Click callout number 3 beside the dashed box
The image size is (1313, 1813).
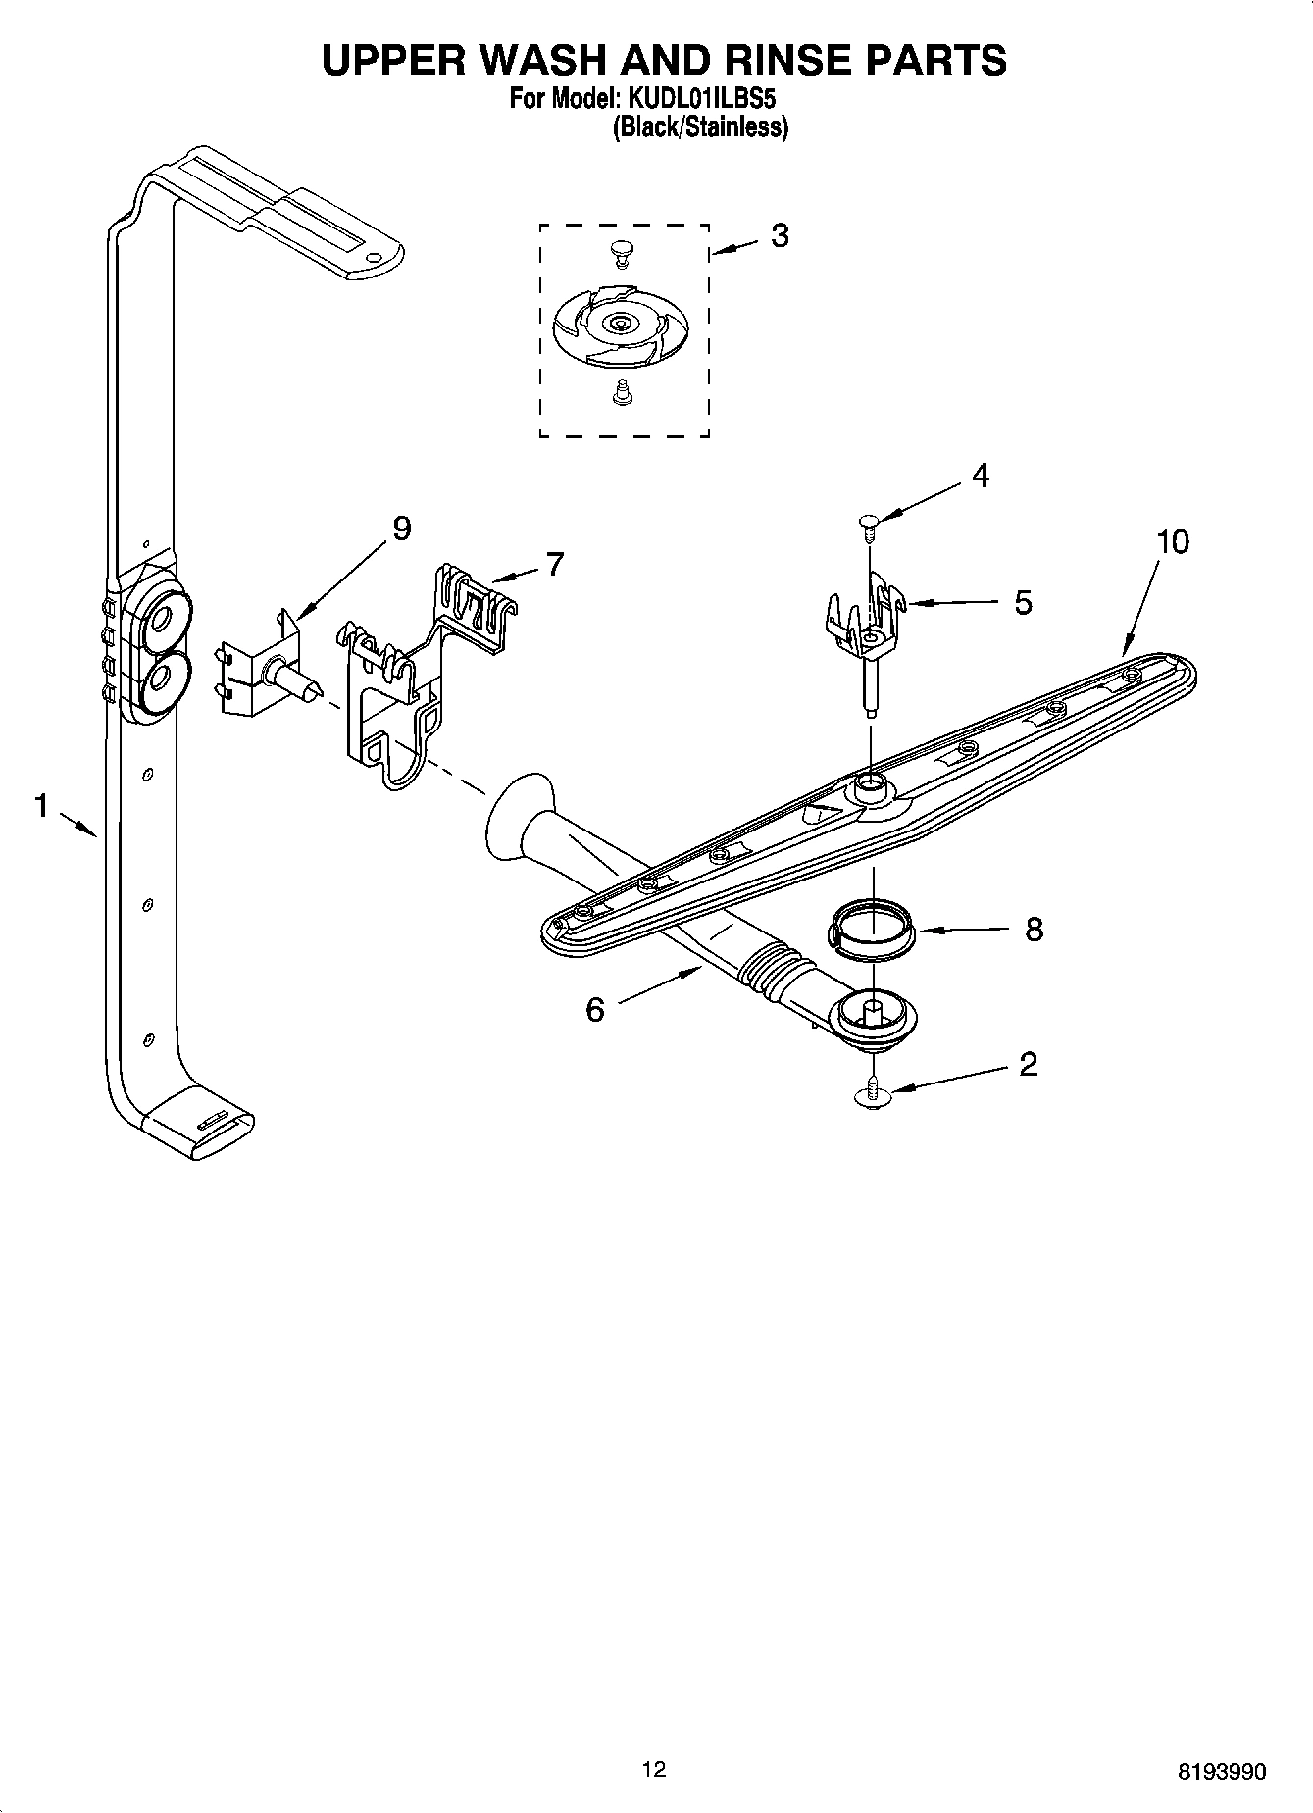[x=780, y=235]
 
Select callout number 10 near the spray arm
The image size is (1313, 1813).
[x=1172, y=541]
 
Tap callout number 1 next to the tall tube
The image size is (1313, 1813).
[x=40, y=806]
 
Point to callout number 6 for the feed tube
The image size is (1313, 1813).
[x=595, y=1009]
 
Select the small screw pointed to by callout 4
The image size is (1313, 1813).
[x=868, y=525]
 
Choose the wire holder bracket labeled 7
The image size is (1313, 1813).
[x=412, y=677]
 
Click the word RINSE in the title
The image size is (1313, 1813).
[x=774, y=61]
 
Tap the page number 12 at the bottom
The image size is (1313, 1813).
[x=653, y=1769]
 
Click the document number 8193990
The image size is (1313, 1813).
[x=1222, y=1772]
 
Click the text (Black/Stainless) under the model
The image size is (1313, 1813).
[x=700, y=127]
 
